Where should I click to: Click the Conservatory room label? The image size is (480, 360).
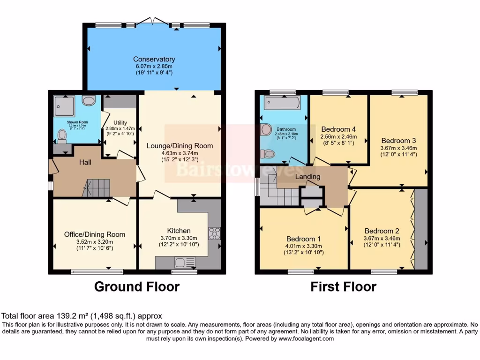pyautogui.click(x=154, y=59)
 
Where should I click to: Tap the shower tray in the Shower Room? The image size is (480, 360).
pyautogui.click(x=64, y=105)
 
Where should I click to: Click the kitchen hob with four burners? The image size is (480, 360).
pyautogui.click(x=215, y=233)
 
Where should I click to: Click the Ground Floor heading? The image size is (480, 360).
pyautogui.click(x=137, y=286)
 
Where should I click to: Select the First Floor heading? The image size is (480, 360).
pyautogui.click(x=343, y=286)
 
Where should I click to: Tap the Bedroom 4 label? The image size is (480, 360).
pyautogui.click(x=336, y=129)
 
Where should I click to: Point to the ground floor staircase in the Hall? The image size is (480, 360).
pyautogui.click(x=97, y=188)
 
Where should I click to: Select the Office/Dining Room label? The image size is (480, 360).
pyautogui.click(x=95, y=234)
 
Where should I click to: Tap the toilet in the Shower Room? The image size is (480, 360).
pyautogui.click(x=62, y=135)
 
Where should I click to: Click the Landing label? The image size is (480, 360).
pyautogui.click(x=307, y=177)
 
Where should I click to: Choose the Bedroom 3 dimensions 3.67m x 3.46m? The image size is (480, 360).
pyautogui.click(x=398, y=148)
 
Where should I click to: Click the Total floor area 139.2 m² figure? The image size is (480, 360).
pyautogui.click(x=82, y=316)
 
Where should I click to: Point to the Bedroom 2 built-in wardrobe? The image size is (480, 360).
pyautogui.click(x=421, y=230)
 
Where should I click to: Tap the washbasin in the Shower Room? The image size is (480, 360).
pyautogui.click(x=89, y=101)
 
